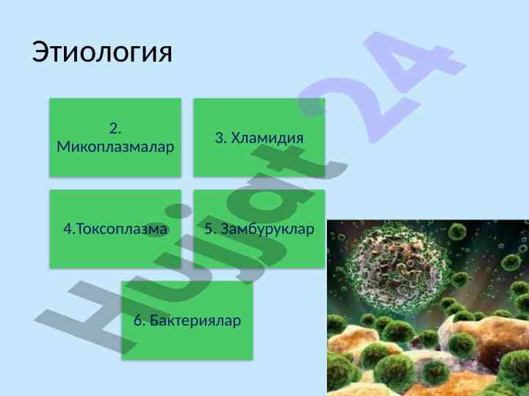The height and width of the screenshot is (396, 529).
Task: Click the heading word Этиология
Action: (102, 53)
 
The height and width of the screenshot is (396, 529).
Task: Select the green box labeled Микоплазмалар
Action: (115, 137)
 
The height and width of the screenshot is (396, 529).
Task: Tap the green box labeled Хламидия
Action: (259, 137)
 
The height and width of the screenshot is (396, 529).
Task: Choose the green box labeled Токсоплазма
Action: (115, 229)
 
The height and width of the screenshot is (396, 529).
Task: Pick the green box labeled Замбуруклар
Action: (259, 229)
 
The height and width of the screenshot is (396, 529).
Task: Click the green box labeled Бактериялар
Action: (187, 320)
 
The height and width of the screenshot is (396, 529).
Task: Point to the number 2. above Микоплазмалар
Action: (115, 128)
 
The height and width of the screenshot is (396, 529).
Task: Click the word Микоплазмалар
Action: (115, 147)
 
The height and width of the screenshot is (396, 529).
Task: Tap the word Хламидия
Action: (267, 138)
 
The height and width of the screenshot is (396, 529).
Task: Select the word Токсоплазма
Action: (122, 229)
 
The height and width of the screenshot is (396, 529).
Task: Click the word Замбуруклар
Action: (267, 230)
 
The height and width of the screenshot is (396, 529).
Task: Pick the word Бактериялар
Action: (195, 321)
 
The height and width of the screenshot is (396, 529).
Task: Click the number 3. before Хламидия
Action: (221, 138)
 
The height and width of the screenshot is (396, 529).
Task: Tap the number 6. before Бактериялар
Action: (140, 320)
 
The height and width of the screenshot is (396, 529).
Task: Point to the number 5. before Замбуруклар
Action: (211, 229)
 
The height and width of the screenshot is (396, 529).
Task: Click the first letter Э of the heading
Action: (40, 53)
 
